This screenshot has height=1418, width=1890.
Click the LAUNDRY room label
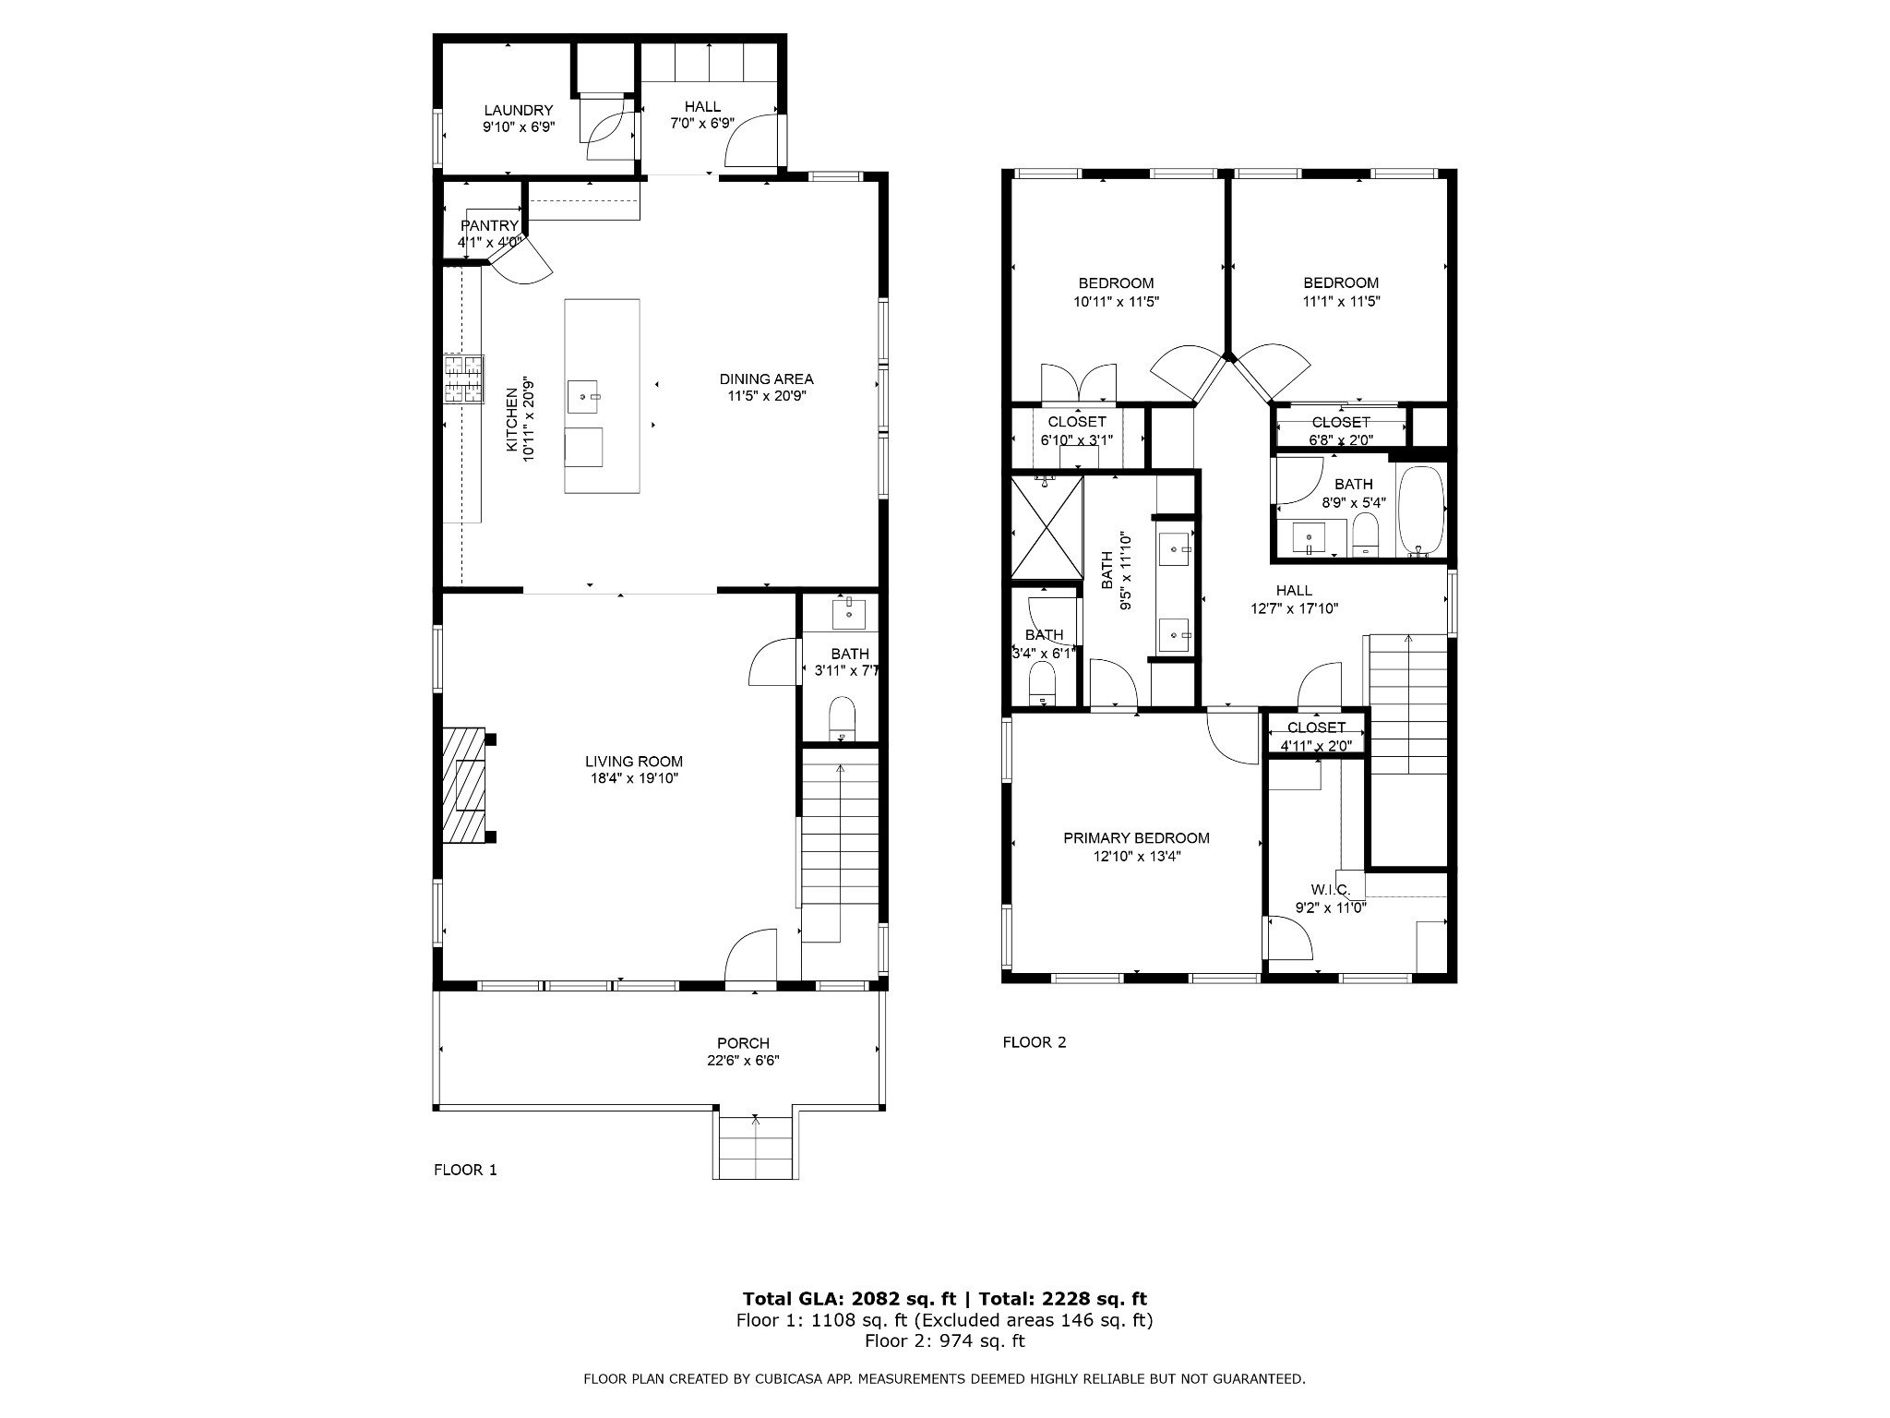point(519,111)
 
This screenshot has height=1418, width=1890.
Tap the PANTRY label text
point(489,226)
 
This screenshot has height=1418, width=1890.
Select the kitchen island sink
point(583,396)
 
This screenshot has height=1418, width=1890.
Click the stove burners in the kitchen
point(463,379)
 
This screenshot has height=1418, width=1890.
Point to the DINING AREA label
point(767,379)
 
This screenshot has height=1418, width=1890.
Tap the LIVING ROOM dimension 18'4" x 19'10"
point(634,778)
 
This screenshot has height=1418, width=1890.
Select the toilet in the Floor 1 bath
point(843,719)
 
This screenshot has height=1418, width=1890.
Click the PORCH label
point(743,1044)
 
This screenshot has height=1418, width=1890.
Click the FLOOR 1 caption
point(465,1171)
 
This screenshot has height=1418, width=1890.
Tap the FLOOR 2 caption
point(1035,1042)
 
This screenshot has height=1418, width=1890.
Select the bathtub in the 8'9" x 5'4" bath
point(1421,511)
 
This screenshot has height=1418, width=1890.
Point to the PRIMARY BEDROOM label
point(1136,838)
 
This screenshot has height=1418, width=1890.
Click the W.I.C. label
point(1330,890)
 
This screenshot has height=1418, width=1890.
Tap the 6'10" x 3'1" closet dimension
point(1077,440)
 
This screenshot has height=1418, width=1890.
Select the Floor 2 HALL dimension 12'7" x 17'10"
point(1294,608)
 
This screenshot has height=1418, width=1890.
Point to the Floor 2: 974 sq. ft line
point(945,1341)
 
